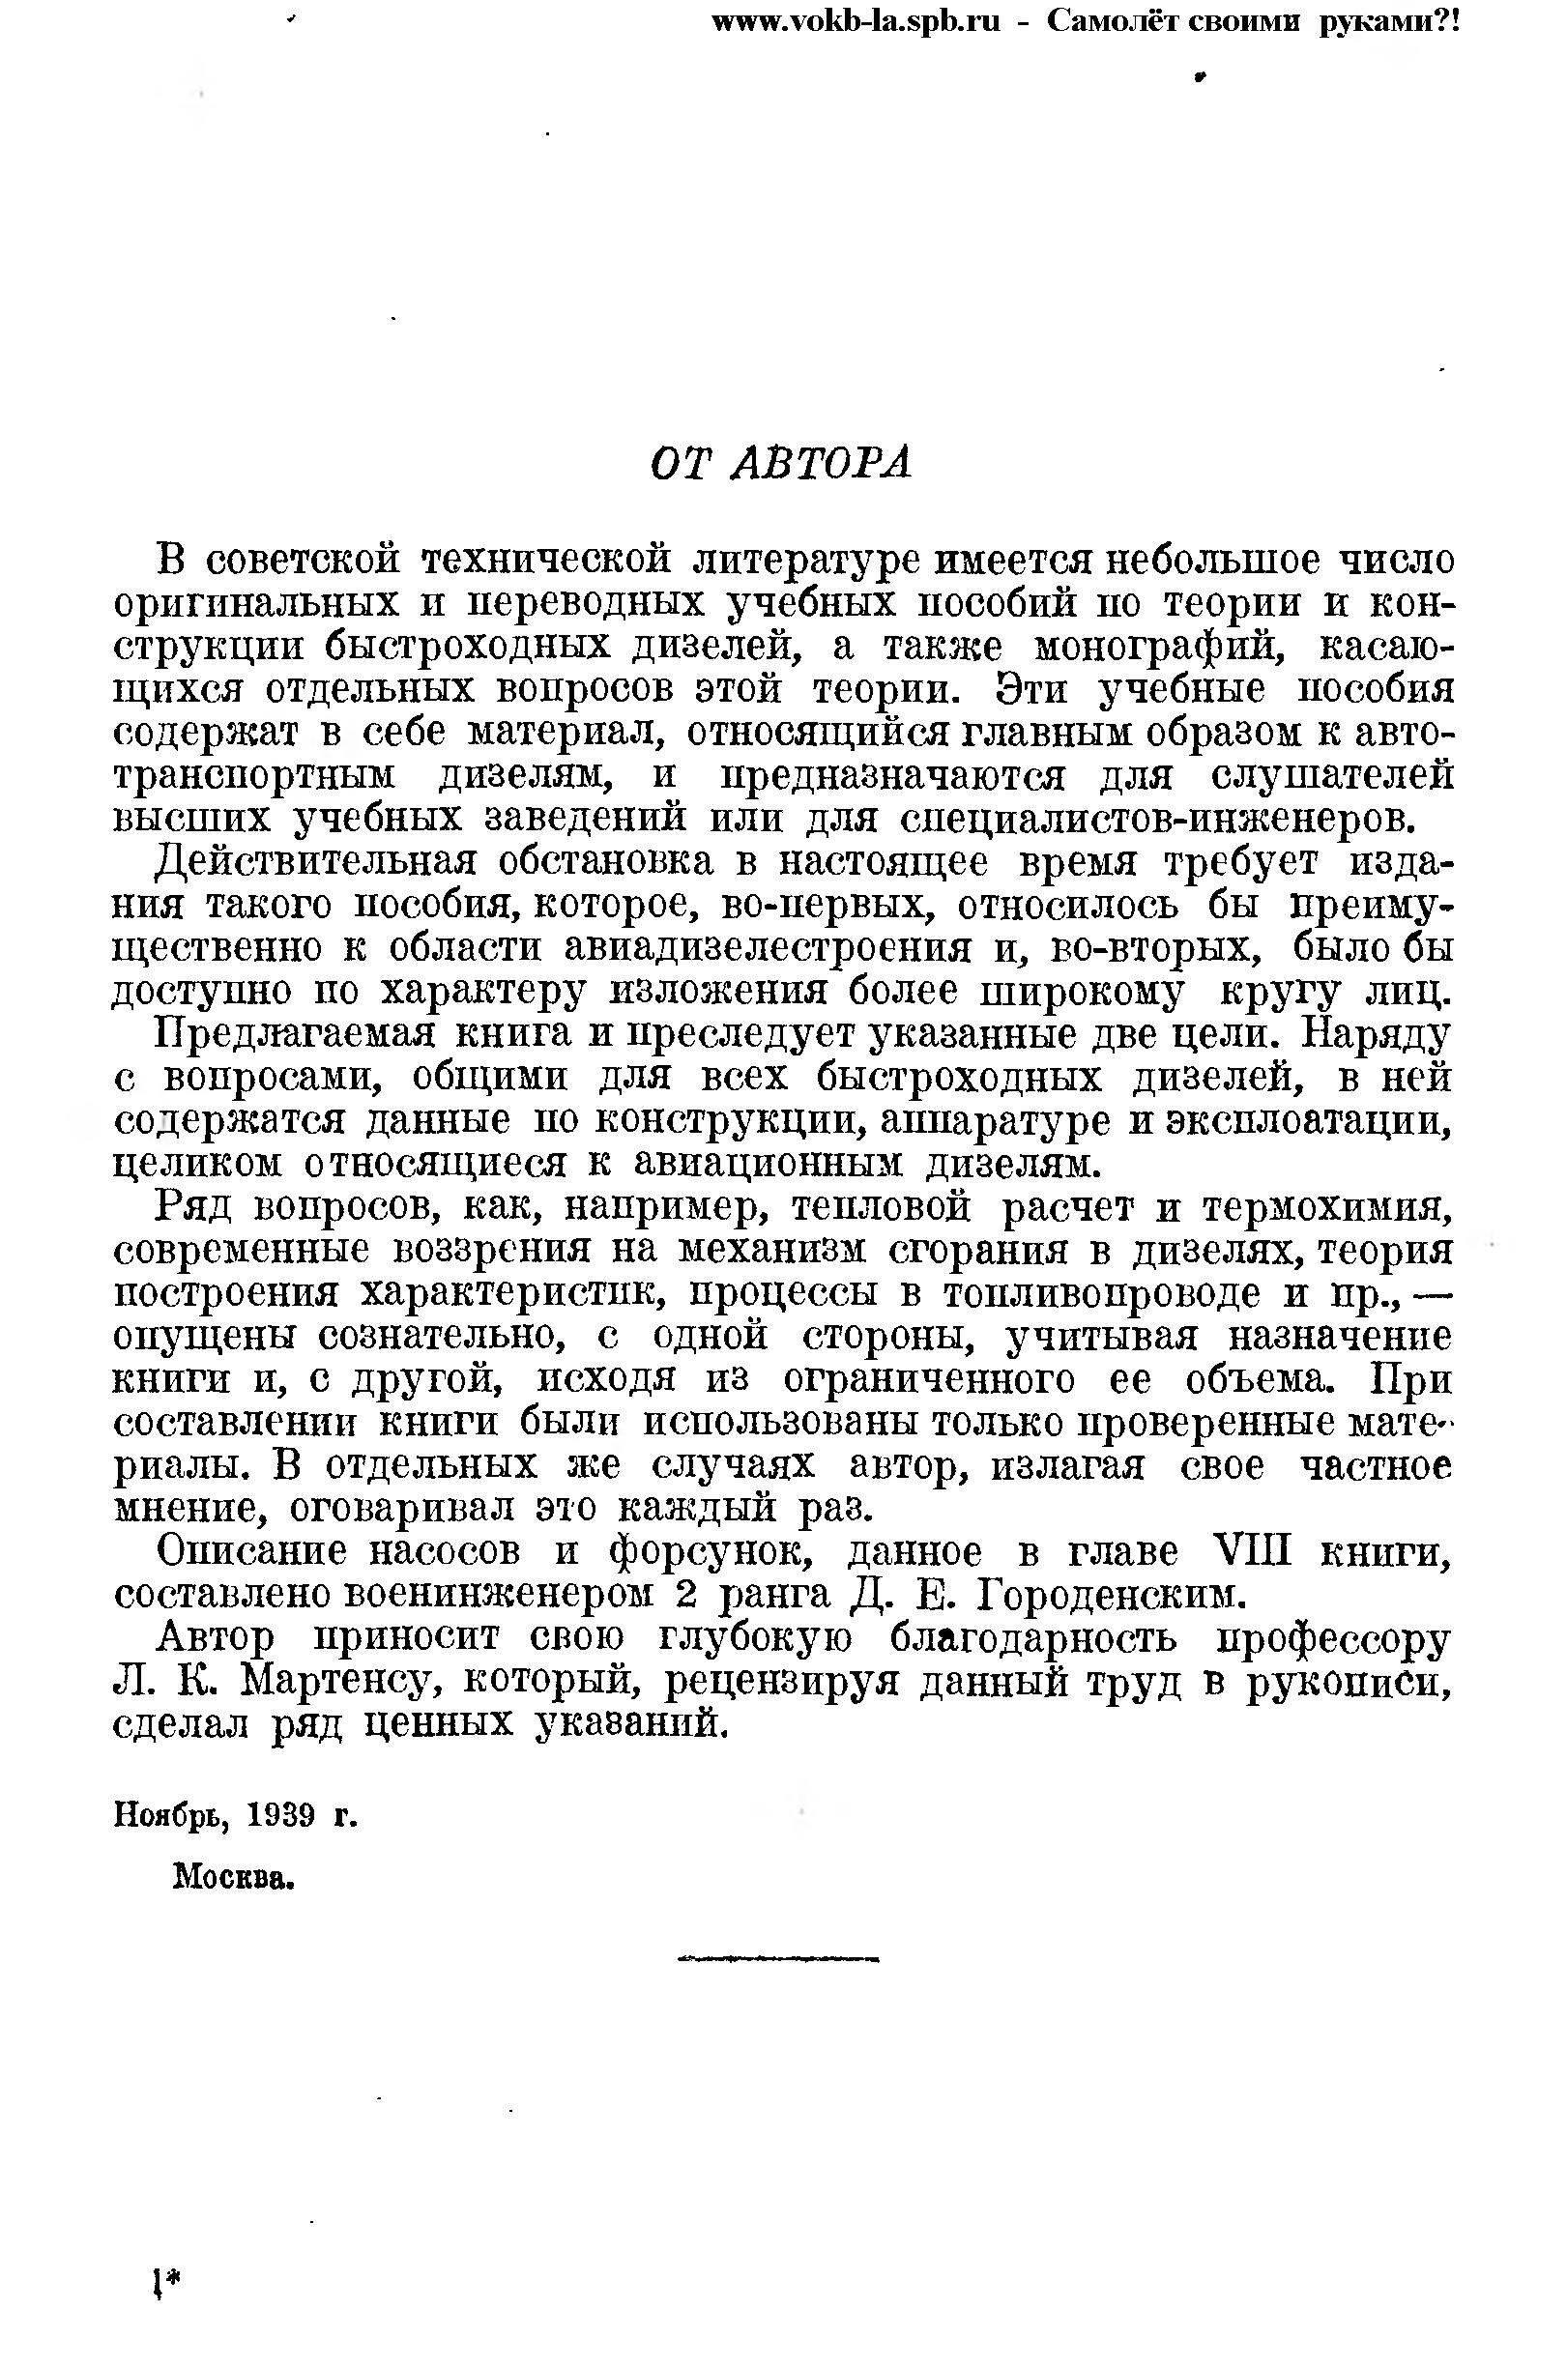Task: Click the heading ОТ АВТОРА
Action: tap(780, 464)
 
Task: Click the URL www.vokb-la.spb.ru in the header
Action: tap(856, 21)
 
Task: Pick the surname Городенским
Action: tap(1112, 1596)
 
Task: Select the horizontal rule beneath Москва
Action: tap(777, 1959)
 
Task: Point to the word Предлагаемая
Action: tap(296, 1034)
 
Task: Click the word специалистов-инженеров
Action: tap(1157, 819)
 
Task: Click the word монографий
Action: tap(1160, 648)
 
